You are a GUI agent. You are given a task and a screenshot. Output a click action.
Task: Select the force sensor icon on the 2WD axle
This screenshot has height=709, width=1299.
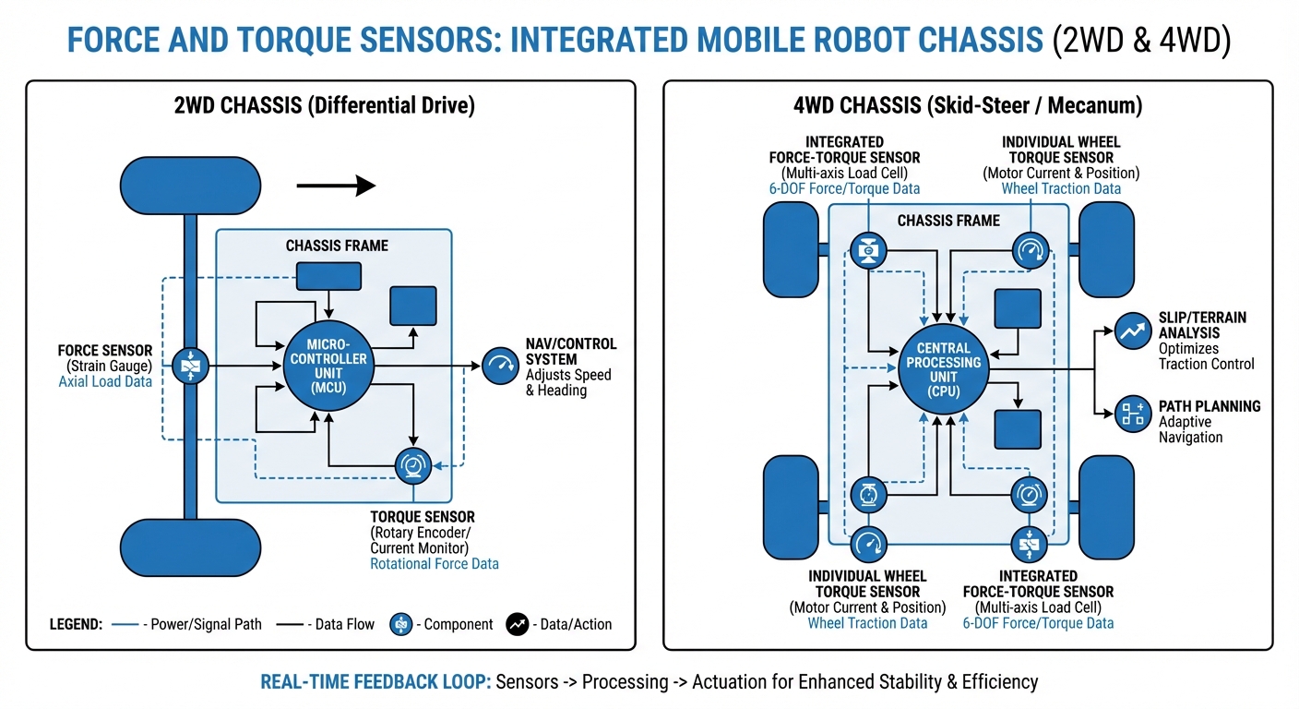pos(190,367)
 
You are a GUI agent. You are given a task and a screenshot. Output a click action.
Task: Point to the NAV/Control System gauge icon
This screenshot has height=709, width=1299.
pos(500,366)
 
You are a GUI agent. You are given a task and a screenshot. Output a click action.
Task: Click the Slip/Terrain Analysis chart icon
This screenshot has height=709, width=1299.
pos(1132,330)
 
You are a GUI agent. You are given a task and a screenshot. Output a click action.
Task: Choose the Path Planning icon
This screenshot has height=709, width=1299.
pos(1132,415)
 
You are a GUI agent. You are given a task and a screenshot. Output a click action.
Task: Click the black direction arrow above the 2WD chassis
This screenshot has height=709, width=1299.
pos(336,186)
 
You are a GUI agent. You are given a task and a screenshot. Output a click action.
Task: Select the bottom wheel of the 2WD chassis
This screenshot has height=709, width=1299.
pos(190,547)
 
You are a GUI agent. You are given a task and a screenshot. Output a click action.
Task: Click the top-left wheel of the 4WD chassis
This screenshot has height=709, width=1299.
pos(791,249)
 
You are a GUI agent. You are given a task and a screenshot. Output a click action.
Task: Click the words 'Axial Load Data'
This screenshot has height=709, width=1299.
pos(105,381)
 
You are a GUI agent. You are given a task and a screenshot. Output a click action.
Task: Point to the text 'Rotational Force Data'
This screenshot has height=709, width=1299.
pos(434,563)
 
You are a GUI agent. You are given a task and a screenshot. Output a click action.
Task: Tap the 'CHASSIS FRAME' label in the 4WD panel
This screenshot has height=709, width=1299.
pos(948,221)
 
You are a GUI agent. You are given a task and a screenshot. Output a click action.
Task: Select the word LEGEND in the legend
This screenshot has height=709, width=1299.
pos(76,624)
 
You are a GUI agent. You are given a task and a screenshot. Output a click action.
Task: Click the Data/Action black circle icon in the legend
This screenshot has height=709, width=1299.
pos(517,624)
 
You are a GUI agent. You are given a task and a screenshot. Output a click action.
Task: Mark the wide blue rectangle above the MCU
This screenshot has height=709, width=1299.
pos(328,275)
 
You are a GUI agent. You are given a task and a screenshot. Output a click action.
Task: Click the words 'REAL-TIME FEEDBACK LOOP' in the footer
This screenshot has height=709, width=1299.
pos(375,682)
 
